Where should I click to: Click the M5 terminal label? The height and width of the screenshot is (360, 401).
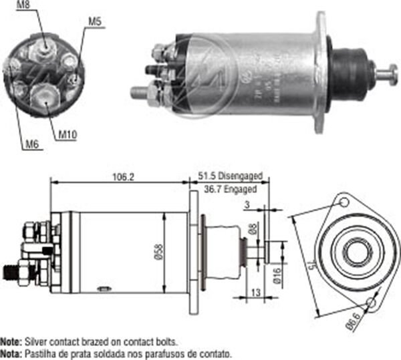coord(94,21)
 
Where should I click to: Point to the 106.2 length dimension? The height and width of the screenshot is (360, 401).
coord(119,177)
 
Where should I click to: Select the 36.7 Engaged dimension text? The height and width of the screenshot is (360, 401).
coord(231,190)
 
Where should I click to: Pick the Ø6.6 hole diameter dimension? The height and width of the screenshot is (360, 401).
coord(354,327)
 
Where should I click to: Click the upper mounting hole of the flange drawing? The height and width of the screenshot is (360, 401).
coord(344,200)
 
